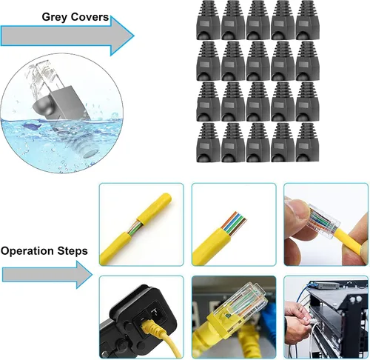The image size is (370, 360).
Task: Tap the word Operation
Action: pyautogui.click(x=27, y=251)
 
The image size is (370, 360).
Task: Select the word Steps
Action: pyautogui.click(x=73, y=251)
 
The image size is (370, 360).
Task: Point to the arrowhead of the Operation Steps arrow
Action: pyautogui.click(x=84, y=275)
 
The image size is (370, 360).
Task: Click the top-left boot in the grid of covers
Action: pyautogui.click(x=208, y=20)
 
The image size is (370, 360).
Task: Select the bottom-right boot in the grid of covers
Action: pyautogui.click(x=307, y=142)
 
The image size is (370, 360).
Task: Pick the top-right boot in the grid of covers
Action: pyautogui.click(x=307, y=20)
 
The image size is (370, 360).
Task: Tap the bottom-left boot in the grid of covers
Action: pyautogui.click(x=208, y=142)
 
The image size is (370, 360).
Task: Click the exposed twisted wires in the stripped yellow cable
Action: pyautogui.click(x=135, y=227)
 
